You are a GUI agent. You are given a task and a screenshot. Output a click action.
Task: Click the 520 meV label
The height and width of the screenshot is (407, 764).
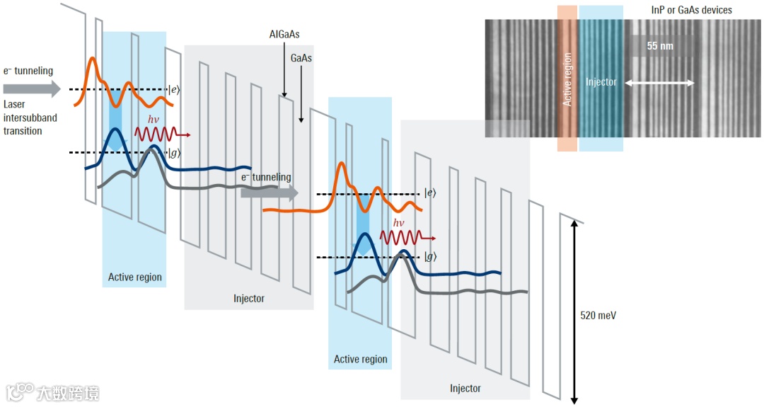coord(598,315)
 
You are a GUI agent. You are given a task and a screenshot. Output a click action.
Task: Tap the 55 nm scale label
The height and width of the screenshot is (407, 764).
coord(660,46)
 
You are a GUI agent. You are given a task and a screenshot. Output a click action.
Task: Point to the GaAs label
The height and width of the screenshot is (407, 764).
coord(301,58)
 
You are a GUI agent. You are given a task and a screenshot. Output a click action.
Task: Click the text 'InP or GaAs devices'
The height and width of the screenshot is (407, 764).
coord(690,10)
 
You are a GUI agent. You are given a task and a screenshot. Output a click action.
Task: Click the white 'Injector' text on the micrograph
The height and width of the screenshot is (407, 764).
coord(601,82)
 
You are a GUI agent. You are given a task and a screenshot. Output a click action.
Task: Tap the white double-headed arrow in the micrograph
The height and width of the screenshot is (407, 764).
coord(659,83)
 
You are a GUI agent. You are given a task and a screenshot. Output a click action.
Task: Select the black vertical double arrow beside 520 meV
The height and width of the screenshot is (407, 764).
coord(575,312)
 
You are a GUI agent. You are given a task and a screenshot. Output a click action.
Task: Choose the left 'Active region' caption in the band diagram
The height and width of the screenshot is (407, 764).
coord(134,277)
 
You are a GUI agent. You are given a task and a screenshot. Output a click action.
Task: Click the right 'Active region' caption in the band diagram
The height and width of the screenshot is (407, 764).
coord(360,359)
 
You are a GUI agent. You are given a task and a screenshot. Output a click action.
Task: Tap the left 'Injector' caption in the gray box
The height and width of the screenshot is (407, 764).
coord(249,298)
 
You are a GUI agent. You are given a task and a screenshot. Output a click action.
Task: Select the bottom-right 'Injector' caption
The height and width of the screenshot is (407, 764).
coord(465,388)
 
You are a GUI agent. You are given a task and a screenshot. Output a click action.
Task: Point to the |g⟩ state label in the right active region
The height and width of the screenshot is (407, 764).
coord(430,257)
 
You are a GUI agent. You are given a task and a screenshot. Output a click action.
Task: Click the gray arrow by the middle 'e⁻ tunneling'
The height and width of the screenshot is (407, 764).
coord(269,193)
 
